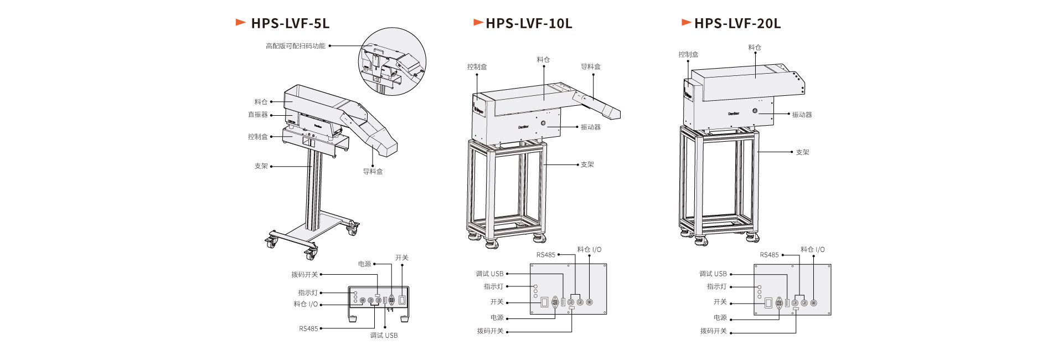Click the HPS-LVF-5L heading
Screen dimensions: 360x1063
click(290, 23)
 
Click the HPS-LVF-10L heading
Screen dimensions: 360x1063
click(529, 23)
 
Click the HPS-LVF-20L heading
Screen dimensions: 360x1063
click(737, 23)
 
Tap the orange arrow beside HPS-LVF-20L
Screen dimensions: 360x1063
click(687, 23)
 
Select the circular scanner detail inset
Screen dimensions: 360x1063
click(392, 61)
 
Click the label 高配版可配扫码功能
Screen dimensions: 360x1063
click(296, 46)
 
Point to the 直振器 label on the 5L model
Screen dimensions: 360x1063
click(257, 115)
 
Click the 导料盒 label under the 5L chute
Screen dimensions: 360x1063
click(373, 172)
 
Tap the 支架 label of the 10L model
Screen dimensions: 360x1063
click(587, 164)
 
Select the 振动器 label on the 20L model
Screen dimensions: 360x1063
click(802, 115)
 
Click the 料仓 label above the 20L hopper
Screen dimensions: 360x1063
click(755, 48)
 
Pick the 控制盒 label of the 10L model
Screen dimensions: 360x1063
click(477, 67)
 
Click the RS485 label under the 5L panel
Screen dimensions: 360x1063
click(308, 328)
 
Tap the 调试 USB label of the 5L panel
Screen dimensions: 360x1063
click(384, 335)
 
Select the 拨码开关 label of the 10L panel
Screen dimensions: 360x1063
click(490, 331)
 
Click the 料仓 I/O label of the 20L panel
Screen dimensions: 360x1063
click(812, 250)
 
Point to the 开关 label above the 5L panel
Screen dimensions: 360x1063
click(401, 258)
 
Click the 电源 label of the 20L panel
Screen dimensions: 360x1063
click(720, 318)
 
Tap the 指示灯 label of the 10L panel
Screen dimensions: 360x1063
click(493, 287)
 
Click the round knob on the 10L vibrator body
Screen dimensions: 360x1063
click(543, 123)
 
